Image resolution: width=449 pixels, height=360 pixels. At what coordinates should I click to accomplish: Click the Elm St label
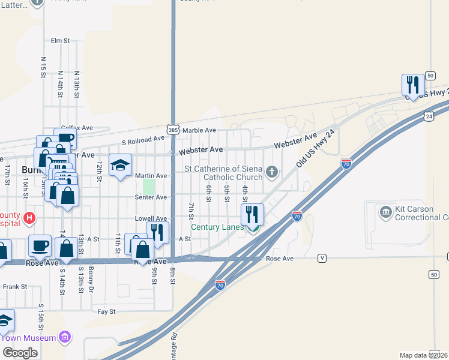pyautogui.click(x=61, y=41)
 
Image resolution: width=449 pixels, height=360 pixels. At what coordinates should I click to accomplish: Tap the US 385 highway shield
pyautogui.click(x=173, y=130)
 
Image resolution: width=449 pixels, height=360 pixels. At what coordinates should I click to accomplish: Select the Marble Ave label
pyautogui.click(x=199, y=130)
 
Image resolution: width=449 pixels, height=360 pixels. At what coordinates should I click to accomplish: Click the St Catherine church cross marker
pyautogui.click(x=272, y=173)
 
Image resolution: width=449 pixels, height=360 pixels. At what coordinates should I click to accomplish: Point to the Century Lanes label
pyautogui.click(x=217, y=227)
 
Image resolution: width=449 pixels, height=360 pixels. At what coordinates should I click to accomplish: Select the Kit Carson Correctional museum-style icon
pyautogui.click(x=384, y=211)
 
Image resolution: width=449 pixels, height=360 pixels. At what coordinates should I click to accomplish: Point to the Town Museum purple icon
pyautogui.click(x=65, y=338)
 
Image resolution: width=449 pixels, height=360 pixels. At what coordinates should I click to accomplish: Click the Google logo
pyautogui.click(x=20, y=353)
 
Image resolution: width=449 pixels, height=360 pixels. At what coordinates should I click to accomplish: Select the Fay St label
pyautogui.click(x=106, y=312)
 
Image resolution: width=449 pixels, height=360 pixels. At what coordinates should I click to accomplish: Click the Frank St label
pyautogui.click(x=15, y=287)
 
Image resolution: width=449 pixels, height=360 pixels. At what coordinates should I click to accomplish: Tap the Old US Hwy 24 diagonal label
pyautogui.click(x=315, y=149)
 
